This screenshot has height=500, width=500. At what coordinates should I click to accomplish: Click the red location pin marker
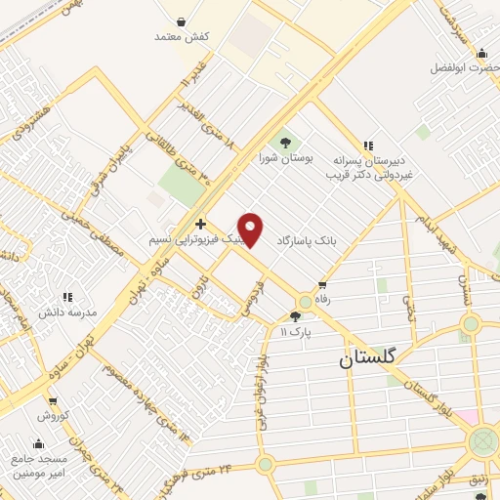click(x=251, y=229)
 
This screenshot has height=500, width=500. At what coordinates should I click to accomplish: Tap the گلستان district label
click(x=368, y=357)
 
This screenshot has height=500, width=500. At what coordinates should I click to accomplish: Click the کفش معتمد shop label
click(x=183, y=36)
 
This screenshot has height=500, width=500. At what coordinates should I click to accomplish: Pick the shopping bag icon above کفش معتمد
click(x=183, y=20)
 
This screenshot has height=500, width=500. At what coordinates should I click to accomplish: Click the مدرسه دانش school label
click(x=67, y=312)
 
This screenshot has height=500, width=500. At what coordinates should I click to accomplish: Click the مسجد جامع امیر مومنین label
click(x=40, y=465)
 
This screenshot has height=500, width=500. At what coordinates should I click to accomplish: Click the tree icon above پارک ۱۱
click(x=295, y=316)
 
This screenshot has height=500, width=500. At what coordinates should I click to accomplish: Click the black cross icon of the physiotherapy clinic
click(x=200, y=225)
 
